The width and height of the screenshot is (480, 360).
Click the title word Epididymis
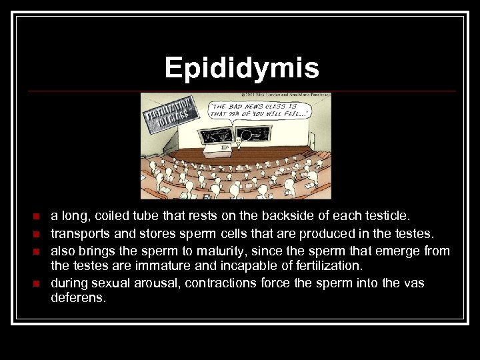pos(241,68)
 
